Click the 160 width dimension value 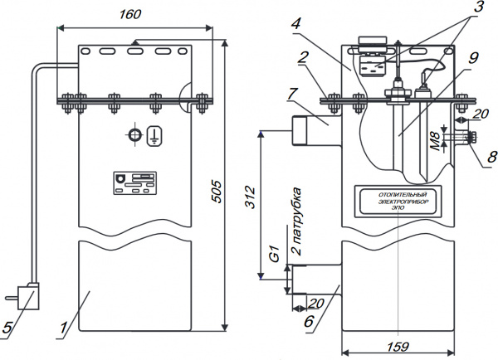point(130,15)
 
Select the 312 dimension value point(250,198)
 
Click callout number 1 point(62,329)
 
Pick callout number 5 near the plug point(7,329)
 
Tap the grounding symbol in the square point(154,137)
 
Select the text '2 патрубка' point(296,224)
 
